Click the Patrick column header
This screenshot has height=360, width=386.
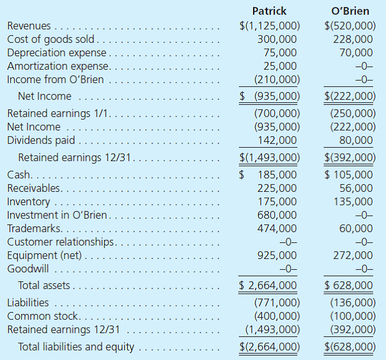pos(269,11)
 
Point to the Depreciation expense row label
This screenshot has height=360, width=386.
pos(56,53)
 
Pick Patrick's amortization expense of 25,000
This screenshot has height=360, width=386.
pos(280,67)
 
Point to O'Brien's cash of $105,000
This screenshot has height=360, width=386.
pos(349,175)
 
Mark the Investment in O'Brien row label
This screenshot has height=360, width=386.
pos(57,215)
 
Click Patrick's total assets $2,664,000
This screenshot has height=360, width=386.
pos(268,285)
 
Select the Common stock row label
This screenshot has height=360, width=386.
pos(42,316)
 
